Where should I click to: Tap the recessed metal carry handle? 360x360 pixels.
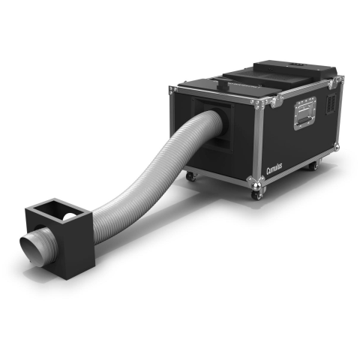tap(305, 113)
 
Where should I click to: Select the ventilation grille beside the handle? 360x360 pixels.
tap(331, 103)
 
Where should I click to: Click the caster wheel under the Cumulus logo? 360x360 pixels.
tap(257, 194)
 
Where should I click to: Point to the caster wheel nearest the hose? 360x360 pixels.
tap(191, 176)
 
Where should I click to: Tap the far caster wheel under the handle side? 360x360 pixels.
tap(313, 166)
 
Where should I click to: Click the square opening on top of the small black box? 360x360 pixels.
tap(58, 211)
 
